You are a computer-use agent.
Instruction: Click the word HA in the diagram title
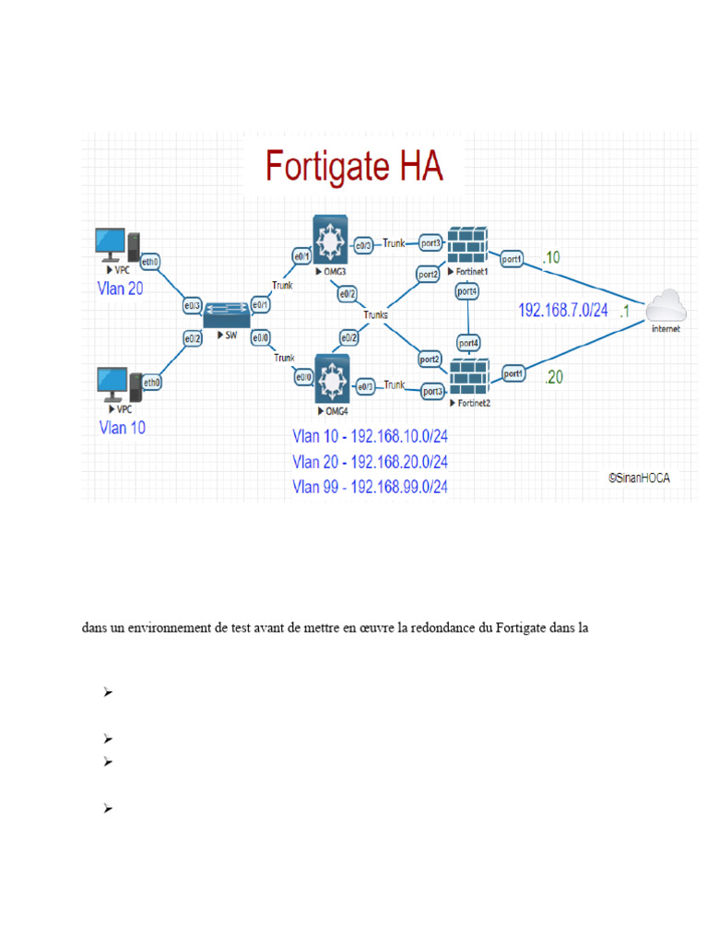407,167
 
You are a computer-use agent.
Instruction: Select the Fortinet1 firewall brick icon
470,244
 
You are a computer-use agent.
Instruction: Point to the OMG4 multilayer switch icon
329,375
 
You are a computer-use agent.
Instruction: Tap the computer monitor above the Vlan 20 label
111,244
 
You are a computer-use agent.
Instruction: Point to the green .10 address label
550,258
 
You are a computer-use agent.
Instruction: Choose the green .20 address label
553,376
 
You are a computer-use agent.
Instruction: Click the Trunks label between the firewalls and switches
376,314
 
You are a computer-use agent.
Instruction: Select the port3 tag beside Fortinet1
431,242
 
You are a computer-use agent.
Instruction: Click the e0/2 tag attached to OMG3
348,294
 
